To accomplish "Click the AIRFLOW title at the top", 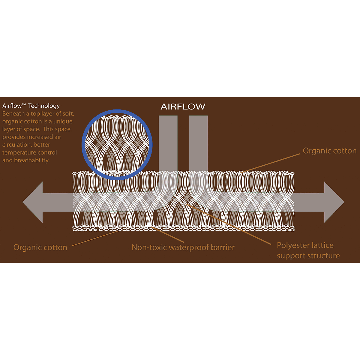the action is [x=183, y=106].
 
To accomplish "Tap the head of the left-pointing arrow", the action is [x=33, y=202].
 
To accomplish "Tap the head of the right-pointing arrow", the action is [x=334, y=202].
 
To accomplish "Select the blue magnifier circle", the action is [x=117, y=110].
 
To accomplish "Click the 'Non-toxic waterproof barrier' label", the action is [x=183, y=247].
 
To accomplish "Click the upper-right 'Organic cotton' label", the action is [x=329, y=151].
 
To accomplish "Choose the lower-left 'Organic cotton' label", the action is [x=40, y=247].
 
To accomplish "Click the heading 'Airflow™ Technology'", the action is [x=31, y=106].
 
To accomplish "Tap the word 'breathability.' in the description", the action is [x=32, y=160].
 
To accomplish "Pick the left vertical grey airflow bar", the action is [x=168, y=144].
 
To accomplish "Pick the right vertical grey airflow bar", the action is [x=198, y=144].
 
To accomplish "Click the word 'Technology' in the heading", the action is [x=44, y=106].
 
